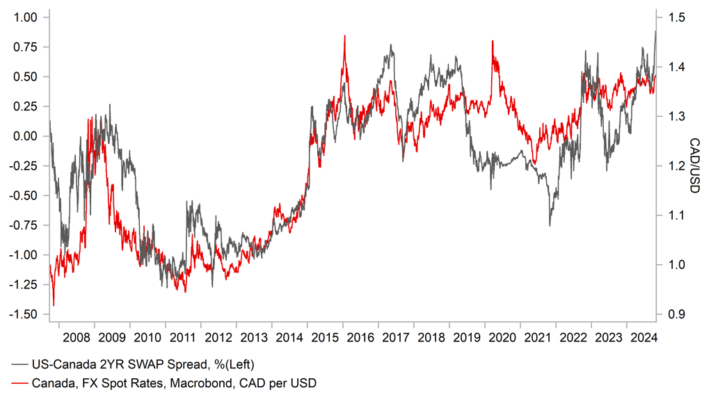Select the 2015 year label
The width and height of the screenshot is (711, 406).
point(325,338)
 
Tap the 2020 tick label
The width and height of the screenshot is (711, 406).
point(502,338)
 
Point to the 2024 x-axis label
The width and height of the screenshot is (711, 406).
point(644,338)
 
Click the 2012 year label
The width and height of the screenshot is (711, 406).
point(218,338)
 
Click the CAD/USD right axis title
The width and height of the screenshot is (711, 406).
point(696,166)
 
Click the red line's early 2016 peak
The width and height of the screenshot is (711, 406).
point(345,35)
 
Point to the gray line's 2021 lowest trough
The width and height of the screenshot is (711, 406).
point(550,225)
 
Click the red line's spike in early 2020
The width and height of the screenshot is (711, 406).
point(493,41)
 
